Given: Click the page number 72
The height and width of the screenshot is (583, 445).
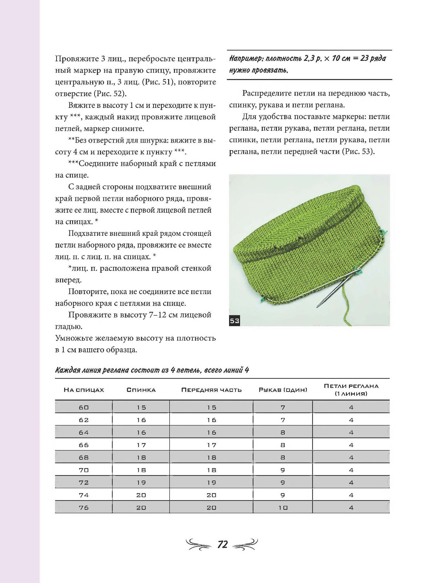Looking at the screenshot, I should [222, 544].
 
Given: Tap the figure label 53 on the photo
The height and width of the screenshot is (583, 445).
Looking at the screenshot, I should [234, 320].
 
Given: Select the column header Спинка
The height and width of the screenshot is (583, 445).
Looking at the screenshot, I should [141, 390].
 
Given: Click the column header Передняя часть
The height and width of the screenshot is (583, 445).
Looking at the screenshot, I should [211, 390].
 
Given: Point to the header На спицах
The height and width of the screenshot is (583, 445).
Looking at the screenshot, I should [84, 390].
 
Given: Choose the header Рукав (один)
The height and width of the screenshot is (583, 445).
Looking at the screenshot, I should [283, 390].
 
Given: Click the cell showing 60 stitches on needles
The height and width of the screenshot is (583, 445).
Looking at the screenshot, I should [84, 407].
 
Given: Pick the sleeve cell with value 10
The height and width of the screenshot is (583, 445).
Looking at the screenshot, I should [283, 508].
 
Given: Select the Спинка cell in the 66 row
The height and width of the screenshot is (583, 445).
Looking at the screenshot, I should [141, 445].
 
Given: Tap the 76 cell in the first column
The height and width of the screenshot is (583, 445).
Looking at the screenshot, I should [84, 508].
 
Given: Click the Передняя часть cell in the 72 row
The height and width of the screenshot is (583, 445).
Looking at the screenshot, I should [211, 483].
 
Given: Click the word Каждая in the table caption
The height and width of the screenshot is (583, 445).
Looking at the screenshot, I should [66, 370].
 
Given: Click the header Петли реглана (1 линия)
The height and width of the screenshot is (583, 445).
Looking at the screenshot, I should [351, 390].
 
